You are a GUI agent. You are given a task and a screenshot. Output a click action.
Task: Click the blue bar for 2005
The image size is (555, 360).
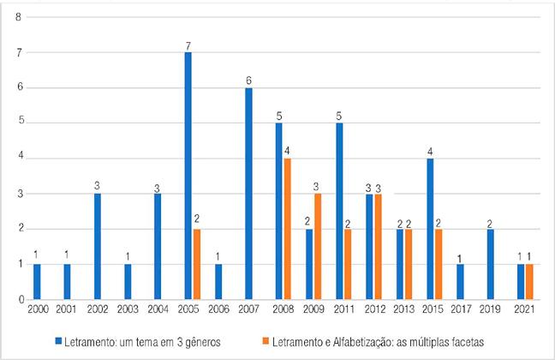(x=187, y=176)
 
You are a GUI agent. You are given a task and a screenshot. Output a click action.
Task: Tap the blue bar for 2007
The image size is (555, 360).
(x=248, y=194)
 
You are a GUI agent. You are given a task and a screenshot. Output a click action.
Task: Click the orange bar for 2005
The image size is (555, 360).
(x=196, y=264)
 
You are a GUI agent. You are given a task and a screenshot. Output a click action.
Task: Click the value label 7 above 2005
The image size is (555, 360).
(x=187, y=45)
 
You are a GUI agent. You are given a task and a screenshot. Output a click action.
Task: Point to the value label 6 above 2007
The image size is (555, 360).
(x=248, y=80)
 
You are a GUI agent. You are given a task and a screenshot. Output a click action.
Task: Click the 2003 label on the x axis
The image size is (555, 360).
(x=129, y=309)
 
